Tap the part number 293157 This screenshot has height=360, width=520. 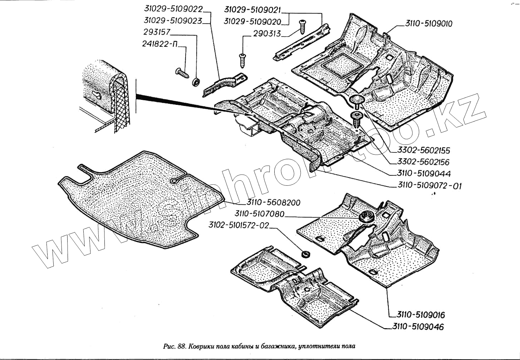point(157,32)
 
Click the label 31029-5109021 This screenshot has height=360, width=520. point(252,10)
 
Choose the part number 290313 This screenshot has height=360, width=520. point(267,34)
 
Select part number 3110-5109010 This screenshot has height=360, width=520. point(429,24)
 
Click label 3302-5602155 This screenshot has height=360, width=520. point(418,150)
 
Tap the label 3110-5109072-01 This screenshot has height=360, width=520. point(430,186)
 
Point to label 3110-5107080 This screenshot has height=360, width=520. point(259,214)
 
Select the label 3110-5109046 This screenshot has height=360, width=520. point(418,326)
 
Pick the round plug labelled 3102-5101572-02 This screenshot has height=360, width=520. point(305,254)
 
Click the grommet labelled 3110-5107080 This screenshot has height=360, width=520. point(366,217)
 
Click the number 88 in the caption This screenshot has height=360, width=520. point(181,346)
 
